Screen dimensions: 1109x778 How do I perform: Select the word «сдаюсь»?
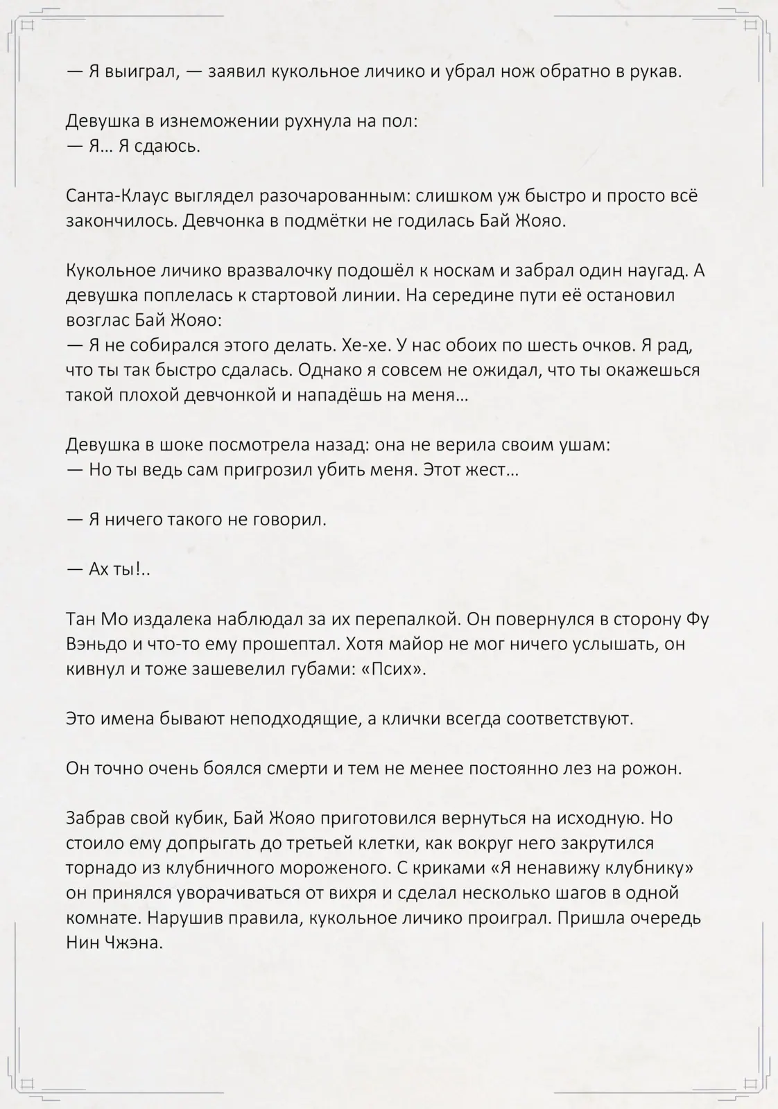click(170, 146)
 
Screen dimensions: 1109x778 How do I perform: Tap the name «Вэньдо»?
click(101, 644)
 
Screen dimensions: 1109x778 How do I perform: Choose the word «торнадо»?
click(98, 868)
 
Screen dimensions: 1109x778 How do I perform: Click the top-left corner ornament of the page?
click(28, 26)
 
